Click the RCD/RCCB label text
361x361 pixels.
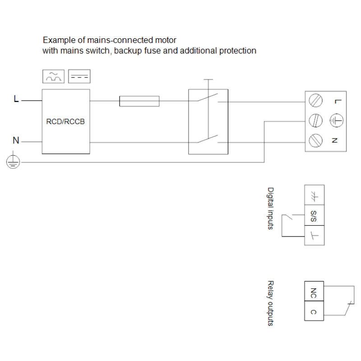coord(65,121)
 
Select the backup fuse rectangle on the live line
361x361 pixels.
coord(139,101)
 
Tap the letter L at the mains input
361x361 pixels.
coord(16,99)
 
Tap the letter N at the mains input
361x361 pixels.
coord(16,140)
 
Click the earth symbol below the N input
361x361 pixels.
coord(13,162)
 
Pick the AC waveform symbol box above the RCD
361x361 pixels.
coord(53,76)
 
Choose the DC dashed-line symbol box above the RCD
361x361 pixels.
coord(79,76)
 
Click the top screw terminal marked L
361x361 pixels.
coord(315,100)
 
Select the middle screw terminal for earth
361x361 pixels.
coord(315,120)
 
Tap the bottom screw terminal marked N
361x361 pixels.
coord(315,140)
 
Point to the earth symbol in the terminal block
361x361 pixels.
coord(336,120)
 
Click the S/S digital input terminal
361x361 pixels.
coord(314,215)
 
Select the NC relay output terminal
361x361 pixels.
coord(314,291)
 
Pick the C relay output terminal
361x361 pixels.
coord(314,311)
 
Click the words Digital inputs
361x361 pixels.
coord(270,208)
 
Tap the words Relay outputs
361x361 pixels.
coord(270,303)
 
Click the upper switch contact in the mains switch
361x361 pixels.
coord(207,97)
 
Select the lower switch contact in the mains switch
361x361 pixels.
coord(207,139)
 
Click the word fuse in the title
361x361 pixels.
coord(153,51)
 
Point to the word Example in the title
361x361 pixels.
coord(60,40)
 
